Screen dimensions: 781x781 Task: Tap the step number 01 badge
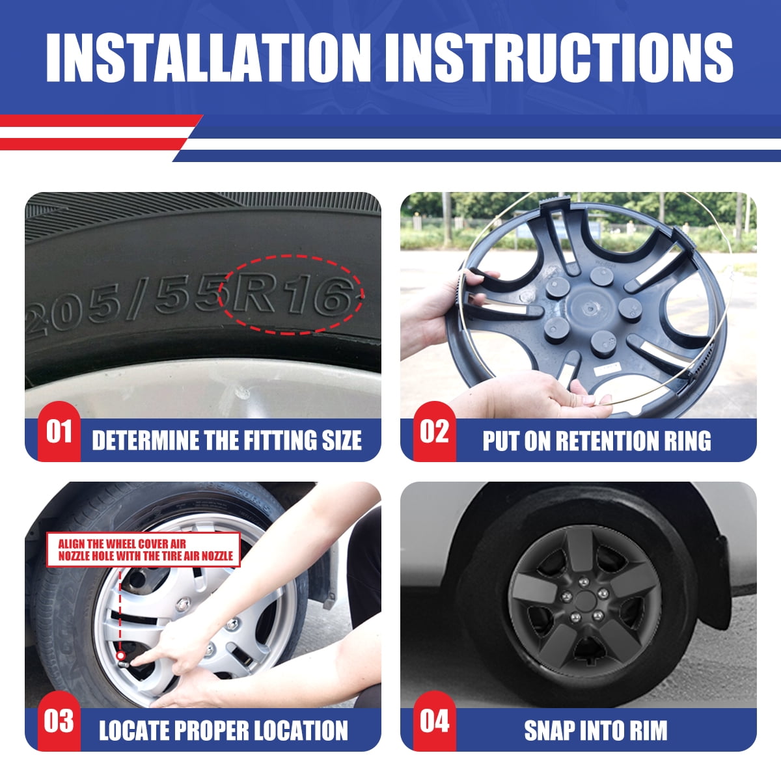59,432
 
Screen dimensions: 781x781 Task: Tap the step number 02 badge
434,432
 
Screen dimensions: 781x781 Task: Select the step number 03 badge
59,721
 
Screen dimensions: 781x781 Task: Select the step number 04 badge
434,721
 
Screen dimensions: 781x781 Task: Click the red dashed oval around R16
290,255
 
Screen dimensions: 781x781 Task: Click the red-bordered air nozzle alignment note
143,549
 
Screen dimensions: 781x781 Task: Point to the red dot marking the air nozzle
120,655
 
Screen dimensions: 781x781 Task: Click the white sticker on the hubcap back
607,368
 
